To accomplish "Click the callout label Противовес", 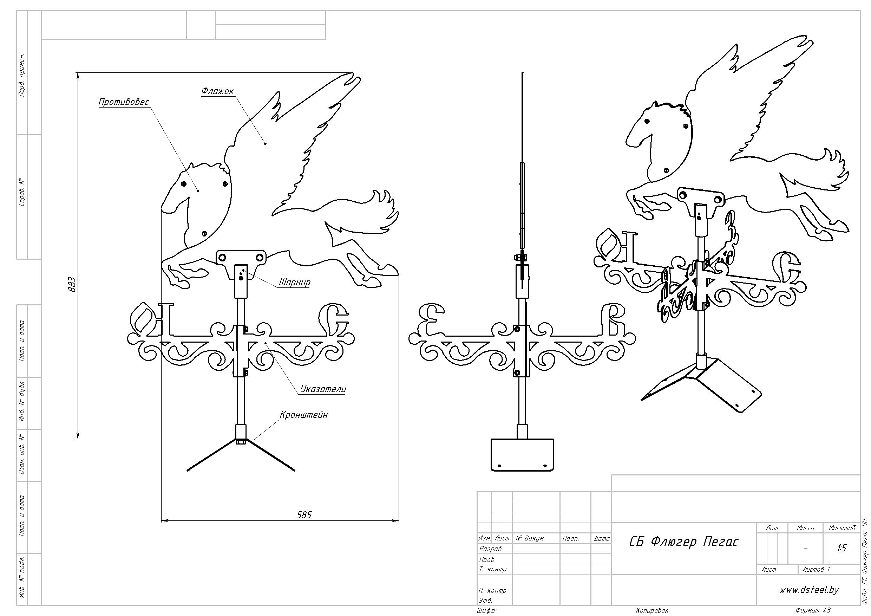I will pos(124,102).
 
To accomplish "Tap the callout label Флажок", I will pos(217,91).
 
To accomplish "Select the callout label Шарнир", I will pos(294,283).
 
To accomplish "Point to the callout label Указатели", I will pos(323,389).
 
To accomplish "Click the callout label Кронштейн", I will pos(303,415).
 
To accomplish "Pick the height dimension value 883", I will pos(72,284).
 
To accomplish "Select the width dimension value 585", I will pos(303,515).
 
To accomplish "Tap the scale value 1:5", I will pos(841,548).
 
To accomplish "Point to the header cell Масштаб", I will pos(842,528).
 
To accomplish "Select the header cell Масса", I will pos(805,528).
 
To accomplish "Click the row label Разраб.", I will pos(491,549).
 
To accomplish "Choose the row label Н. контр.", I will pos(493,591).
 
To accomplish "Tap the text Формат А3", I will pos(813,611).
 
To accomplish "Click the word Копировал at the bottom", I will pos(652,611).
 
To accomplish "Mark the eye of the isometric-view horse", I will pos(646,122).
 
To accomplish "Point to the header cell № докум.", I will pos(530,538).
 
